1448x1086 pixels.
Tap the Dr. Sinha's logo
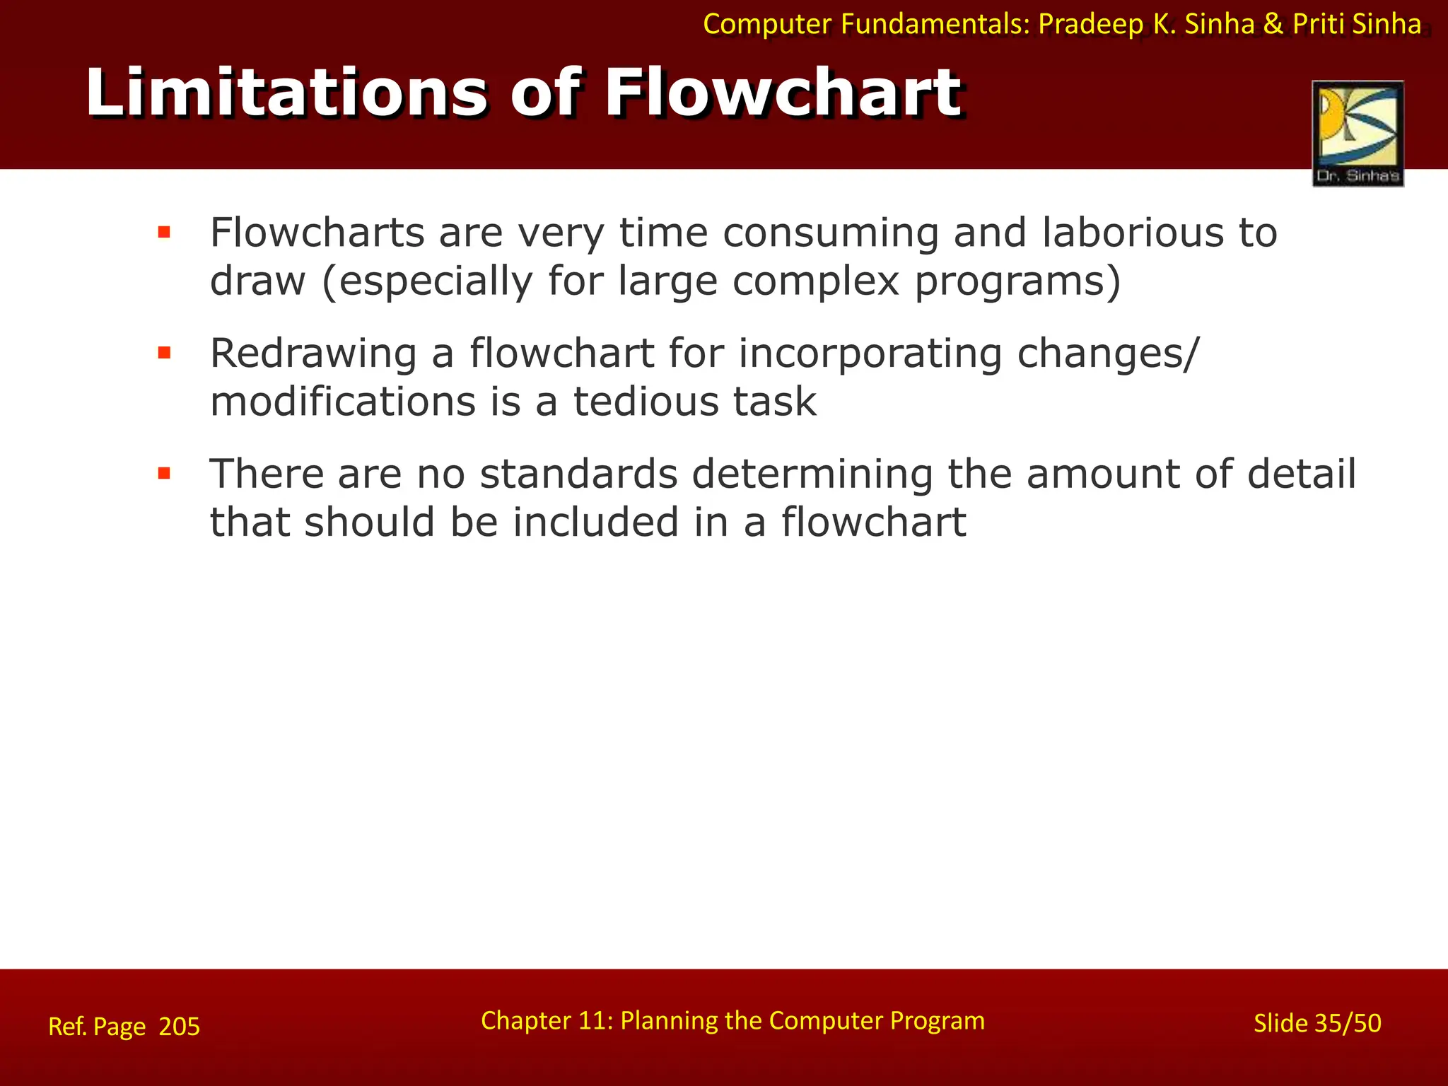click(1357, 134)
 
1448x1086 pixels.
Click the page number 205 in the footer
click(180, 1027)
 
